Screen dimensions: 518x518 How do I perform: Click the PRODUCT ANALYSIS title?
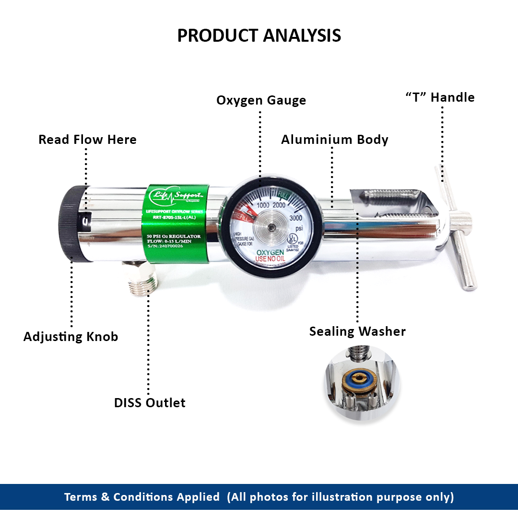[x=259, y=36]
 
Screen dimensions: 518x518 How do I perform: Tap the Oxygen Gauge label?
[x=261, y=100]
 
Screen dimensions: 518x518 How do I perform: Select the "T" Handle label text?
[x=440, y=97]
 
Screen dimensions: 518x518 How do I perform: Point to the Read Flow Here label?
[x=87, y=140]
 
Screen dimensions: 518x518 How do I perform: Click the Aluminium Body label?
[x=334, y=140]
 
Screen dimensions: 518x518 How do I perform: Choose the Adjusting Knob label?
[x=71, y=337]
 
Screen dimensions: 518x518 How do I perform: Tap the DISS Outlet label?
[x=150, y=402]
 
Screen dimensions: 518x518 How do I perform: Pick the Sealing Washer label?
[x=357, y=331]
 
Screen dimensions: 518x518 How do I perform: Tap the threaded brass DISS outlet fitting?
[x=143, y=284]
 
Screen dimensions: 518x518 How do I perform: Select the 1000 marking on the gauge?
[x=263, y=205]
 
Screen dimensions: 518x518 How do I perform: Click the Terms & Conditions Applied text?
[x=142, y=497]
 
